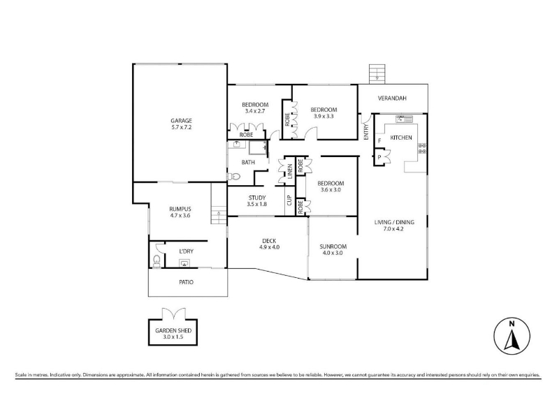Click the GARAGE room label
[x=181, y=120]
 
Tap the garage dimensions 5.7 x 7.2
[x=181, y=127]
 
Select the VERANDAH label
[x=392, y=98]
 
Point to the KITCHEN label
[x=401, y=138]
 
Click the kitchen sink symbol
[x=404, y=119]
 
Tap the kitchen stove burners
[x=422, y=148]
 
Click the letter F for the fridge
[x=379, y=141]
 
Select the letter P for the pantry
[x=379, y=157]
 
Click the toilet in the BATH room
[x=233, y=176]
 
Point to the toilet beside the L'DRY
[x=156, y=260]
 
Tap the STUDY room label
[x=257, y=198]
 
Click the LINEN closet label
[x=290, y=171]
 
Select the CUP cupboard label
[x=289, y=200]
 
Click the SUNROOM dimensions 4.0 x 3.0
[x=333, y=253]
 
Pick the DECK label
[x=269, y=241]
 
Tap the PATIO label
[x=186, y=282]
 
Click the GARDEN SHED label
[x=173, y=330]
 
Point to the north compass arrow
[x=511, y=340]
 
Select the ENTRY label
[x=366, y=132]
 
